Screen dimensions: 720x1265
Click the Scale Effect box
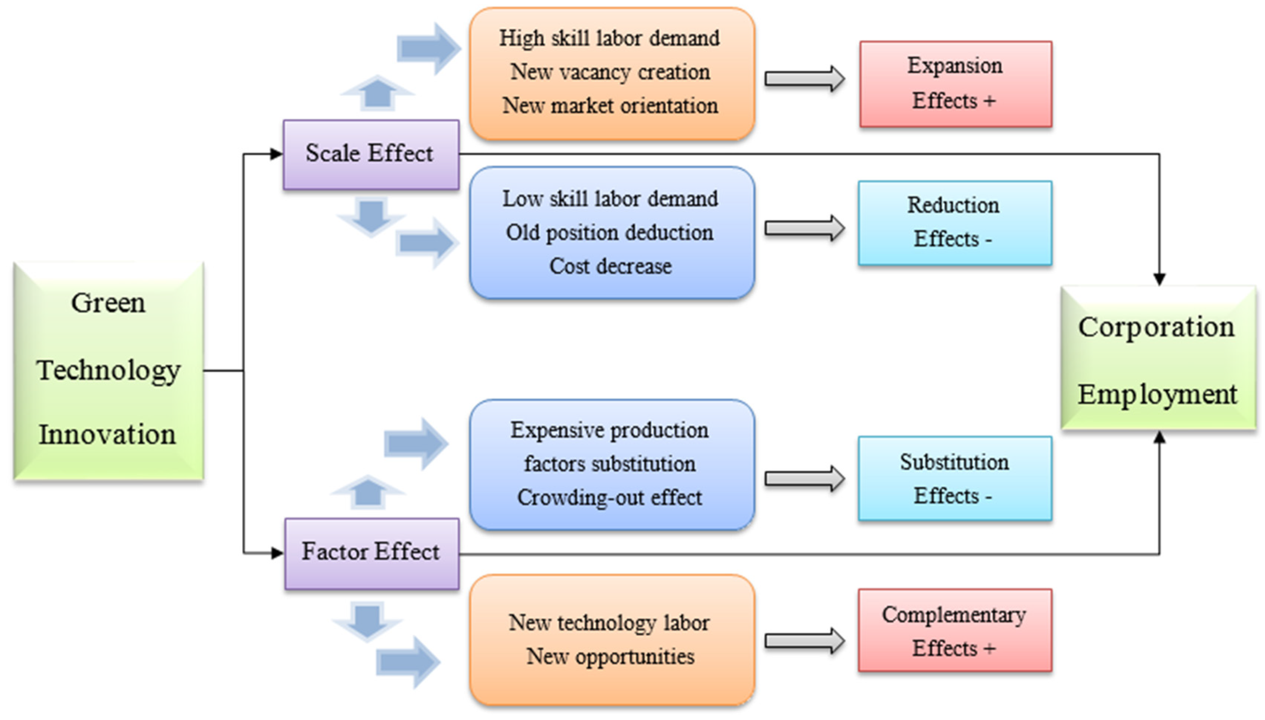370,154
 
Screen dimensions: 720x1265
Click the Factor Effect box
371,553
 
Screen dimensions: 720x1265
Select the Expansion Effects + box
955,84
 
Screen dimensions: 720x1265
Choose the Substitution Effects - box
954,478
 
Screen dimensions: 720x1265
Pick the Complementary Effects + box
954,631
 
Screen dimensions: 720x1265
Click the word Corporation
1156,328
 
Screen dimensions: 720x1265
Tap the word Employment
1157,395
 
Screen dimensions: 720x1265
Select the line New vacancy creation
611,72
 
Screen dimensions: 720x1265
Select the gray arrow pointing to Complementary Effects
804,641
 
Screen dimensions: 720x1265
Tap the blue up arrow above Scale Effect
377,92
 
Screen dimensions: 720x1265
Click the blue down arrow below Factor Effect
367,620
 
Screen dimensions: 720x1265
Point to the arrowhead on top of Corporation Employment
1159,279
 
